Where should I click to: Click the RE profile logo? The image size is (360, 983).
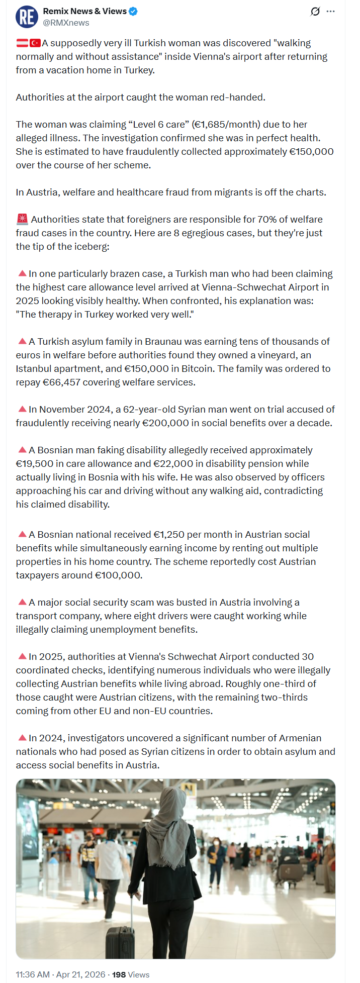[27, 17]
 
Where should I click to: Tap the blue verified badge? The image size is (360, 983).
[133, 11]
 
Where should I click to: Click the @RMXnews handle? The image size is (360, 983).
[66, 23]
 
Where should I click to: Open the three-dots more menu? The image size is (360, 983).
[330, 11]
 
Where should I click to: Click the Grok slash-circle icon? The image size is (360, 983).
[315, 11]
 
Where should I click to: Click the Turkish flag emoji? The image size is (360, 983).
[35, 43]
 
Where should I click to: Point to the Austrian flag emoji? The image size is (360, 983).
[22, 43]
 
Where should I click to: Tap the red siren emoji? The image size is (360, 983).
[22, 219]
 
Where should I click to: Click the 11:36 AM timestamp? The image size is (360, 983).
[33, 974]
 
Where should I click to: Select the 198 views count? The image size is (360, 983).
[119, 974]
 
